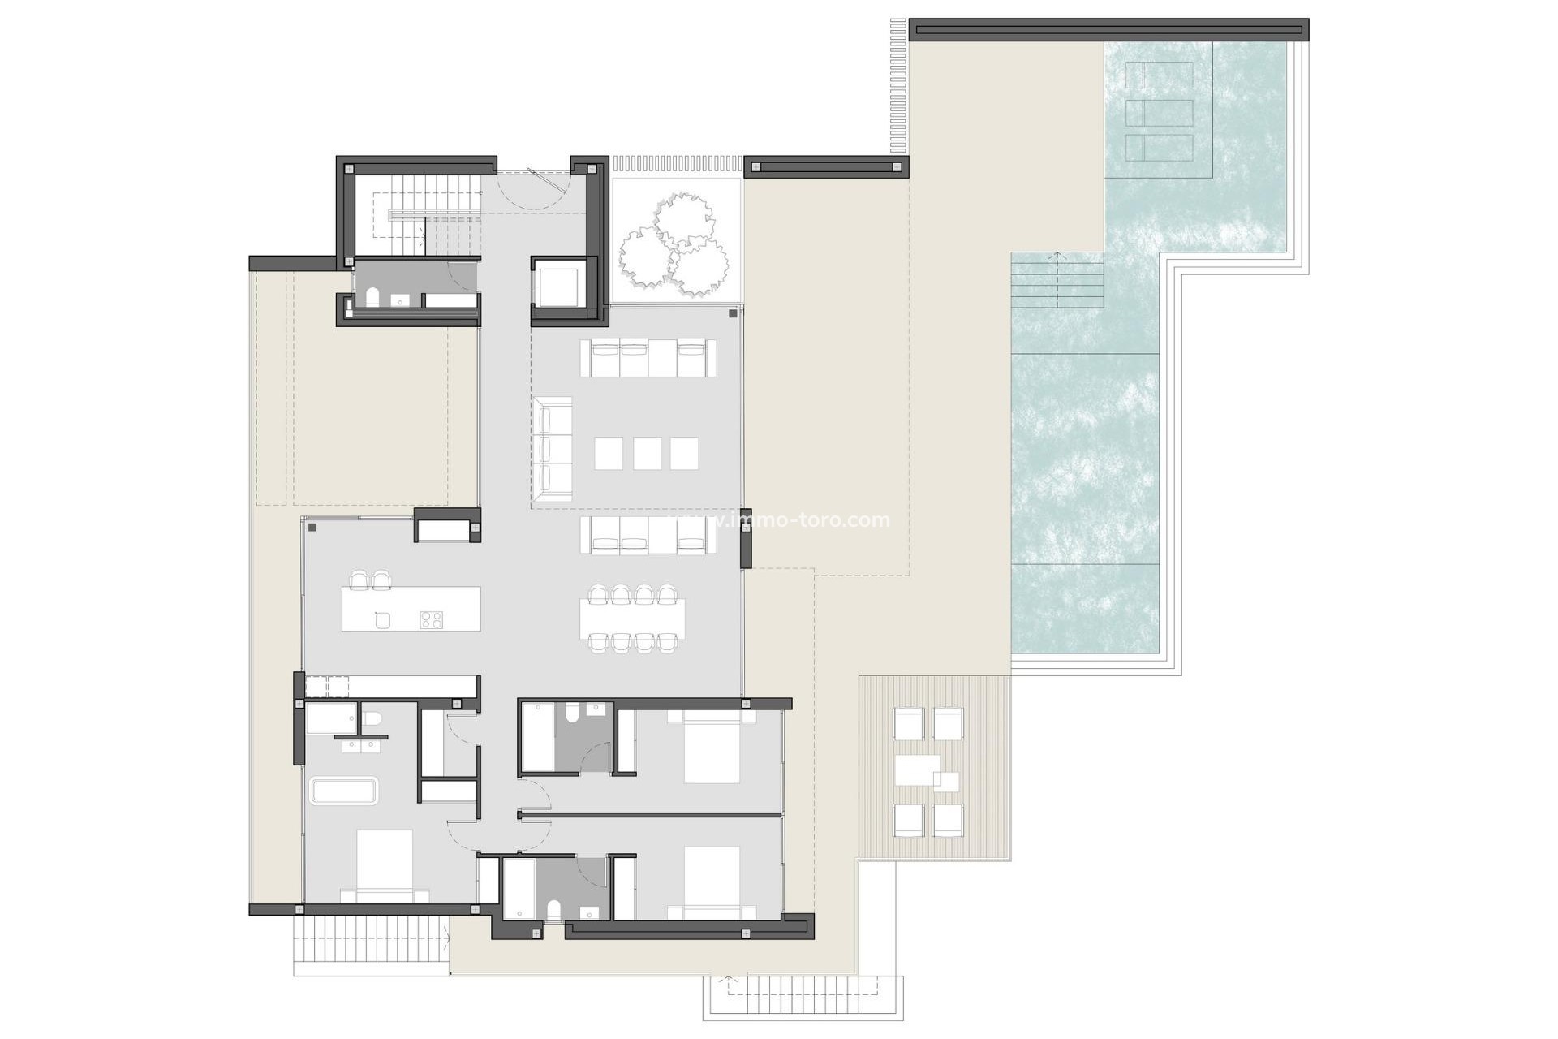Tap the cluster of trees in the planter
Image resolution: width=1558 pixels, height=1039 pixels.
[672, 245]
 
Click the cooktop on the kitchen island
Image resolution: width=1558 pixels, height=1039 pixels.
[431, 619]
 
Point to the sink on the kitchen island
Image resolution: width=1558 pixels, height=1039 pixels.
[383, 620]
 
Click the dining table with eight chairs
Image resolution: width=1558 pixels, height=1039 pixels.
[633, 619]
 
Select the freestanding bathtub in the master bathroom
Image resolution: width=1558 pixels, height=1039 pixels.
[344, 791]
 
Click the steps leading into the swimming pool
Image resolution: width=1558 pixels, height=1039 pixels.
[1057, 280]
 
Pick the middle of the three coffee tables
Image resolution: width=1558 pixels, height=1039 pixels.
[647, 454]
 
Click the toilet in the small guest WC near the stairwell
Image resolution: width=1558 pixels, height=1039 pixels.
[372, 298]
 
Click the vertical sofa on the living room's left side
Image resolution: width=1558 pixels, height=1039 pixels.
[553, 447]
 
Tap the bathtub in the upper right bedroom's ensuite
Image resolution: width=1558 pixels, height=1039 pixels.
[537, 737]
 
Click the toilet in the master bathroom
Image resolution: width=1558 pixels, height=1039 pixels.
[372, 718]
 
